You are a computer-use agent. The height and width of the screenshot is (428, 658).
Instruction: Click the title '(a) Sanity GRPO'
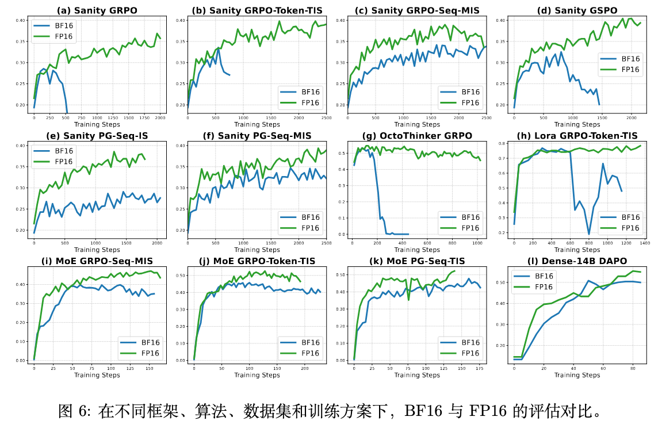tap(97, 10)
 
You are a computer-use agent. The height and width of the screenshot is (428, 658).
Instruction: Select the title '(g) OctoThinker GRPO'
tap(417, 135)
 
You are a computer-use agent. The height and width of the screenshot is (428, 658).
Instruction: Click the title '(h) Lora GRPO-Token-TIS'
tap(577, 135)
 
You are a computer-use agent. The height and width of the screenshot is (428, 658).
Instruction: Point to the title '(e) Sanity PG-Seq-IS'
tap(97, 135)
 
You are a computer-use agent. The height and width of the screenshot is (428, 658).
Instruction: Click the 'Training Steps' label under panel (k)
tap(417, 375)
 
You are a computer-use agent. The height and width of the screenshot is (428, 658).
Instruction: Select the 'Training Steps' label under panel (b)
tap(257, 124)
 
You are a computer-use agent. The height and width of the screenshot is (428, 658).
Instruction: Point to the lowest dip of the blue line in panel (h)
tap(589, 234)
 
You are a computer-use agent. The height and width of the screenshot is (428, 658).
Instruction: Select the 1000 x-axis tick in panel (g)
tap(476, 243)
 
